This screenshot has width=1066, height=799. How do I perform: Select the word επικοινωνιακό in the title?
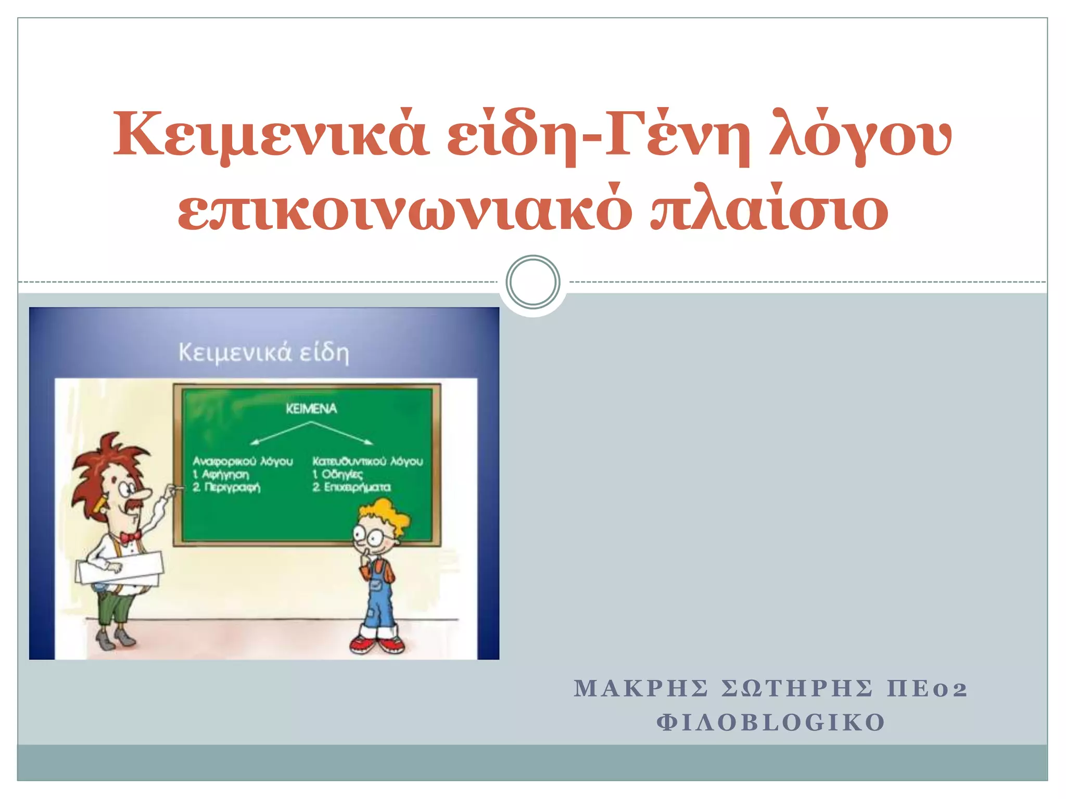click(405, 211)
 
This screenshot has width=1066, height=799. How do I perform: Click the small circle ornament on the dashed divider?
click(532, 282)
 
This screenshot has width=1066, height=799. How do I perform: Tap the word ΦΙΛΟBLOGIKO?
click(771, 723)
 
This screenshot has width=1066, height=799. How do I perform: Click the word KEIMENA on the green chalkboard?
click(311, 409)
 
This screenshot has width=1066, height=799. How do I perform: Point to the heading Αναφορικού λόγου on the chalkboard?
click(243, 461)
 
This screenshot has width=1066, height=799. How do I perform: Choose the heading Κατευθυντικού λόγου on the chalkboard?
click(367, 461)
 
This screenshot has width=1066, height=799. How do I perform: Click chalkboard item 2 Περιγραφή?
click(226, 487)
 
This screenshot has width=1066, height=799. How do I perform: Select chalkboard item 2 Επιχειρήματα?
click(351, 487)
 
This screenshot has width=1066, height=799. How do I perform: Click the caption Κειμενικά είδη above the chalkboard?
click(264, 353)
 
